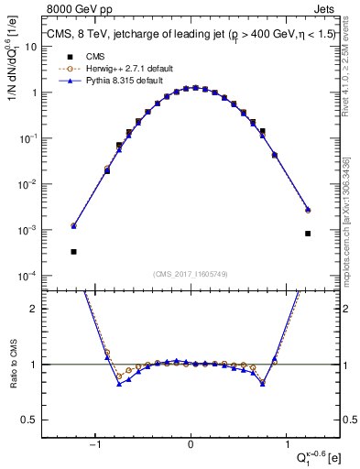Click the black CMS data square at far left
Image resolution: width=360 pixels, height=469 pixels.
click(73, 251)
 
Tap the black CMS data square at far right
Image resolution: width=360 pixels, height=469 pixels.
click(308, 234)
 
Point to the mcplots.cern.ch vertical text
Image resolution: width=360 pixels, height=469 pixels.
click(348, 233)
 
